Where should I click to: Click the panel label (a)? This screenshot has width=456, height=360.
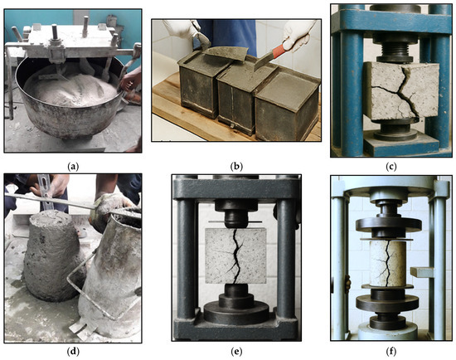point(73,167)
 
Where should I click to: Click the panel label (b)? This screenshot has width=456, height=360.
point(236,167)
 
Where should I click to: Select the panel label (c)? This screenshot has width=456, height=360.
point(391,167)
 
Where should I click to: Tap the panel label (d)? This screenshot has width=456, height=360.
point(73,352)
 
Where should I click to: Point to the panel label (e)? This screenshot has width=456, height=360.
point(236,352)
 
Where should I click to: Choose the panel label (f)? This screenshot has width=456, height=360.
point(391,352)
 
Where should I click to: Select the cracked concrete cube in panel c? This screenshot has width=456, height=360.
point(402,91)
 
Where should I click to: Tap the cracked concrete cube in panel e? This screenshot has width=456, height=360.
point(235,255)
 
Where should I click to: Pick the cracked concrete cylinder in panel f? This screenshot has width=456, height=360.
point(387,264)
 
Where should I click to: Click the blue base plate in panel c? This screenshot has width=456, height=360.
point(401,144)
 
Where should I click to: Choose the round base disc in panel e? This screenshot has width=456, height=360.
point(236,314)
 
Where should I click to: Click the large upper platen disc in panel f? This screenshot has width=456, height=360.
point(389,223)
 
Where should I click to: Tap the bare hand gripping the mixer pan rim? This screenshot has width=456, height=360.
point(130,79)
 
